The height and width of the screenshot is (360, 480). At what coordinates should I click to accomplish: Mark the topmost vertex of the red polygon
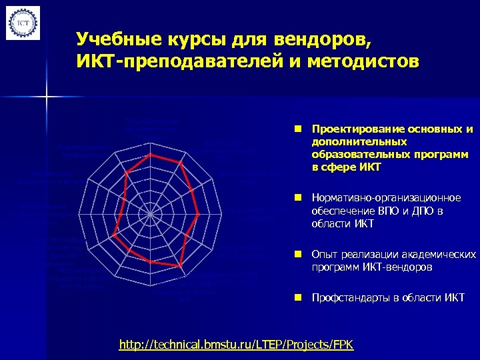(x=151, y=155)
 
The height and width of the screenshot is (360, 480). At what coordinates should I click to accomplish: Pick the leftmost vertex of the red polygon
(x=115, y=236)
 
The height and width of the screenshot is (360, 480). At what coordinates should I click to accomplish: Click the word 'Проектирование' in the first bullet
(x=350, y=129)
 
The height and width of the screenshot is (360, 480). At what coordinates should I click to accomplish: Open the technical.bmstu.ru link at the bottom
(x=236, y=345)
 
